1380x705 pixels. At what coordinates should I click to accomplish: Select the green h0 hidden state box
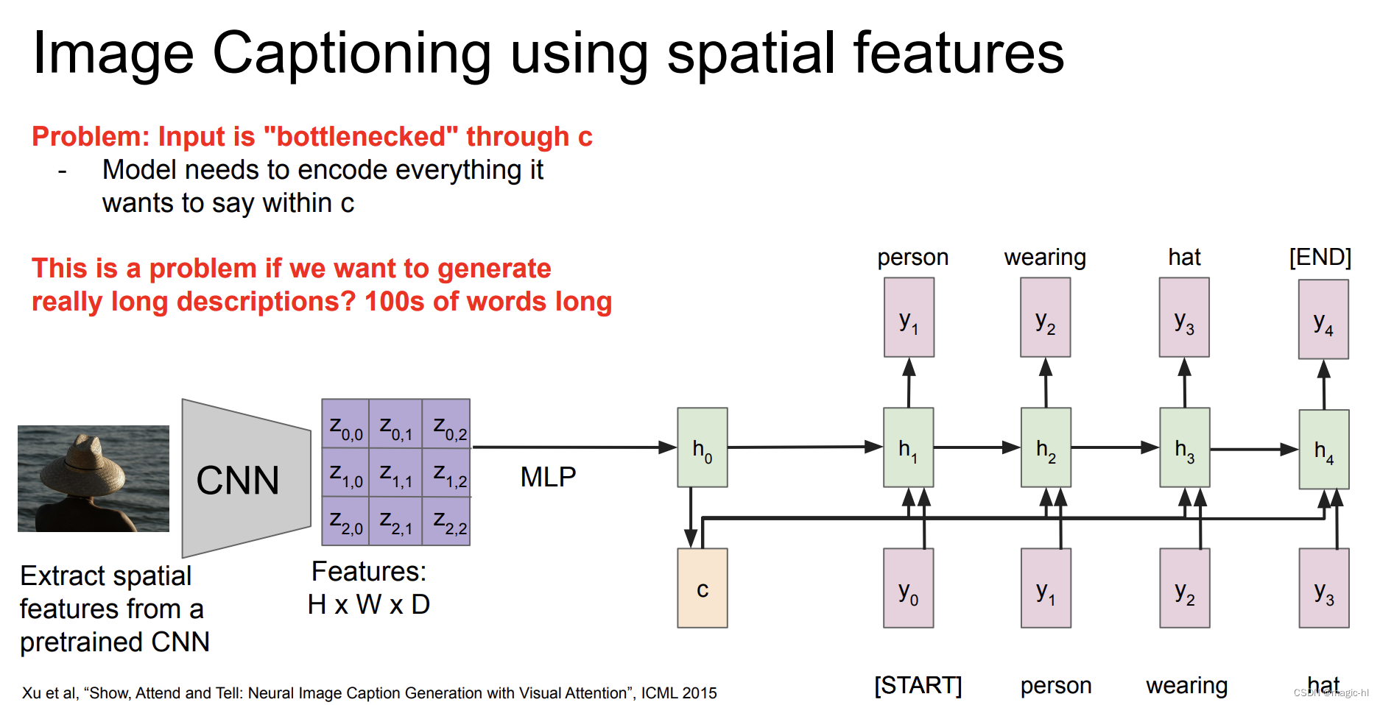tap(702, 447)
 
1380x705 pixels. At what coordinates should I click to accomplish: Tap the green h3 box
tap(1184, 447)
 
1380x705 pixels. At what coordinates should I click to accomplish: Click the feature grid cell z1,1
tap(395, 473)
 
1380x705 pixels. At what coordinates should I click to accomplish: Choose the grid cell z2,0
tap(345, 521)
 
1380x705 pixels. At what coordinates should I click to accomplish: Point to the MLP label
tap(548, 477)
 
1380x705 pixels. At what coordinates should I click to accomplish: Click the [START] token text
tap(918, 685)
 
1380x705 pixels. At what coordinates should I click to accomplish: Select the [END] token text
tap(1320, 257)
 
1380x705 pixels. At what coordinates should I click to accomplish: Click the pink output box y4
tap(1323, 319)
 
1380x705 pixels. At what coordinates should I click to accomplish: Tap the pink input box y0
tap(908, 588)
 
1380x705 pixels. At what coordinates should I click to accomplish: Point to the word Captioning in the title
tap(352, 53)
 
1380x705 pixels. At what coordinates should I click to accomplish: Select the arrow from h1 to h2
tap(976, 447)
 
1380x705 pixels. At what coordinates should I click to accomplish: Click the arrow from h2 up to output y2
tap(1046, 383)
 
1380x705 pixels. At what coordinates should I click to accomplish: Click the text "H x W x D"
tap(368, 604)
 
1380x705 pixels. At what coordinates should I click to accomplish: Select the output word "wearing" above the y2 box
tap(1044, 257)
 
